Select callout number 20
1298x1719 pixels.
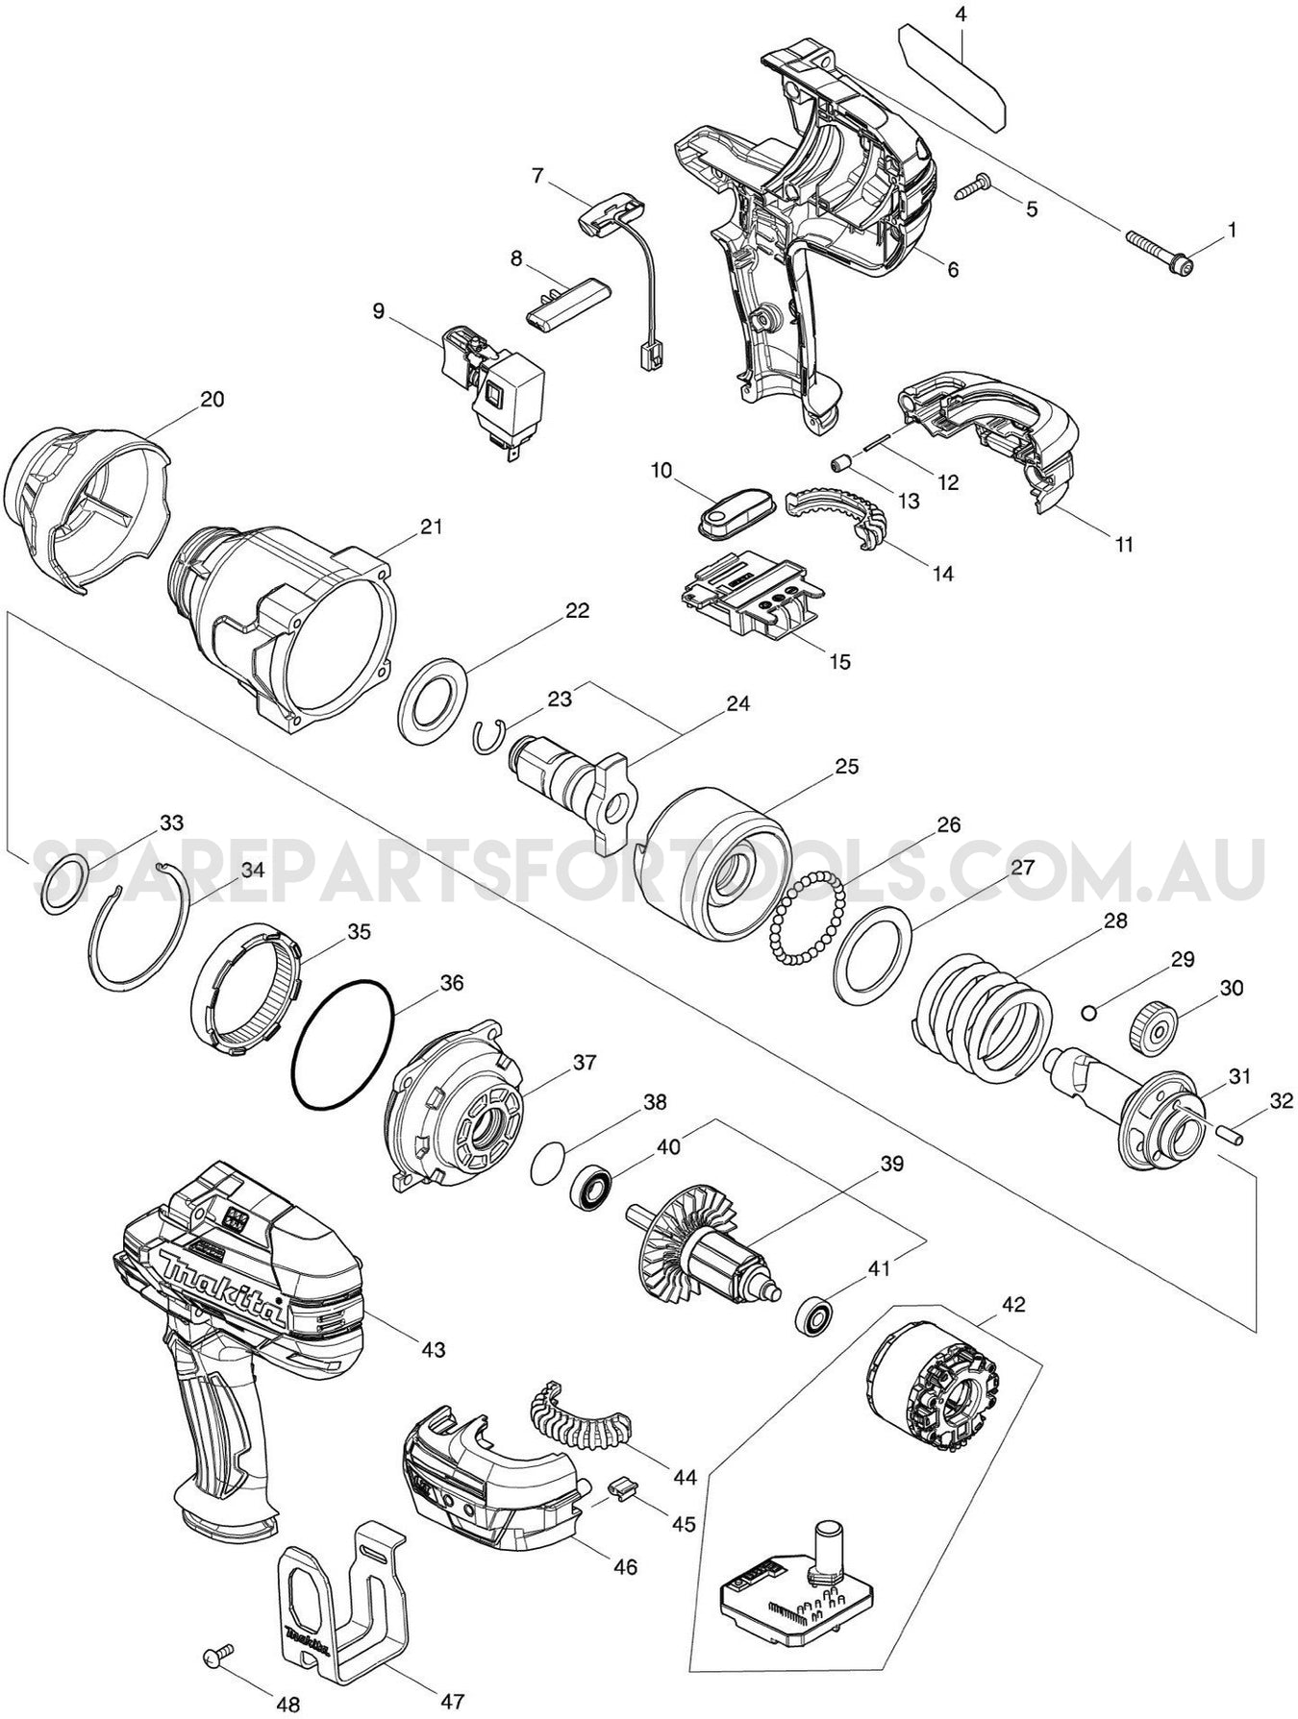[212, 399]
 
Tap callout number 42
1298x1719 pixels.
[1012, 1305]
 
